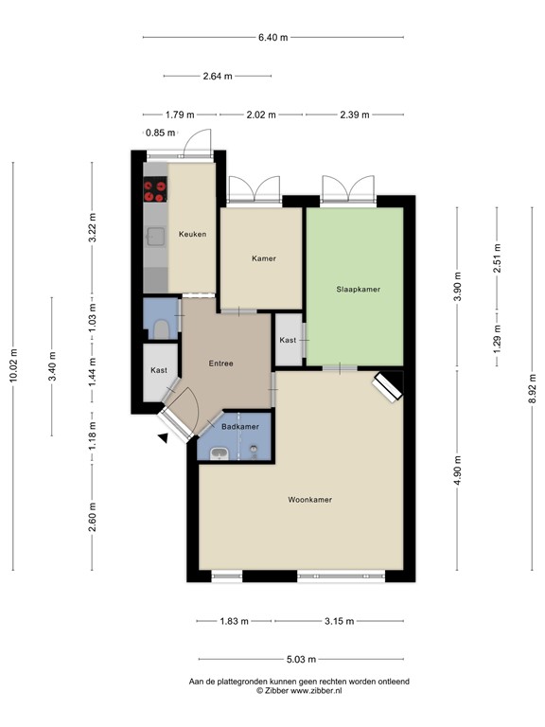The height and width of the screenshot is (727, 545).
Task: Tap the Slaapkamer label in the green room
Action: pyautogui.click(x=358, y=289)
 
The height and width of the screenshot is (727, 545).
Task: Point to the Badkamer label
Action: pyautogui.click(x=240, y=427)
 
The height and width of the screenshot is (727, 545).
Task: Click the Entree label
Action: pyautogui.click(x=220, y=363)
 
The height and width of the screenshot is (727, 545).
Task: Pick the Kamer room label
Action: pyautogui.click(x=263, y=257)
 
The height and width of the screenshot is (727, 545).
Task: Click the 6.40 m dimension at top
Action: pyautogui.click(x=272, y=37)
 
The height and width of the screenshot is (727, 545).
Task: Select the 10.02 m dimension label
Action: pyautogui.click(x=13, y=363)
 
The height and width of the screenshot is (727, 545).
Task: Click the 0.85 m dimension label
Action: pyautogui.click(x=161, y=133)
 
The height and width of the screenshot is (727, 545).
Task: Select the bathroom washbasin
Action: pyautogui.click(x=219, y=452)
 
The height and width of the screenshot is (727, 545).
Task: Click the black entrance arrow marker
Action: pyautogui.click(x=165, y=437)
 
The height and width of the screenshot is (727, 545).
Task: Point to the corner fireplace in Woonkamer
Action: pyautogui.click(x=387, y=386)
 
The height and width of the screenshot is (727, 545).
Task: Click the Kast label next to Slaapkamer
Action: pyautogui.click(x=288, y=340)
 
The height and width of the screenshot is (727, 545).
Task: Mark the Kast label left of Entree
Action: pyautogui.click(x=159, y=370)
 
